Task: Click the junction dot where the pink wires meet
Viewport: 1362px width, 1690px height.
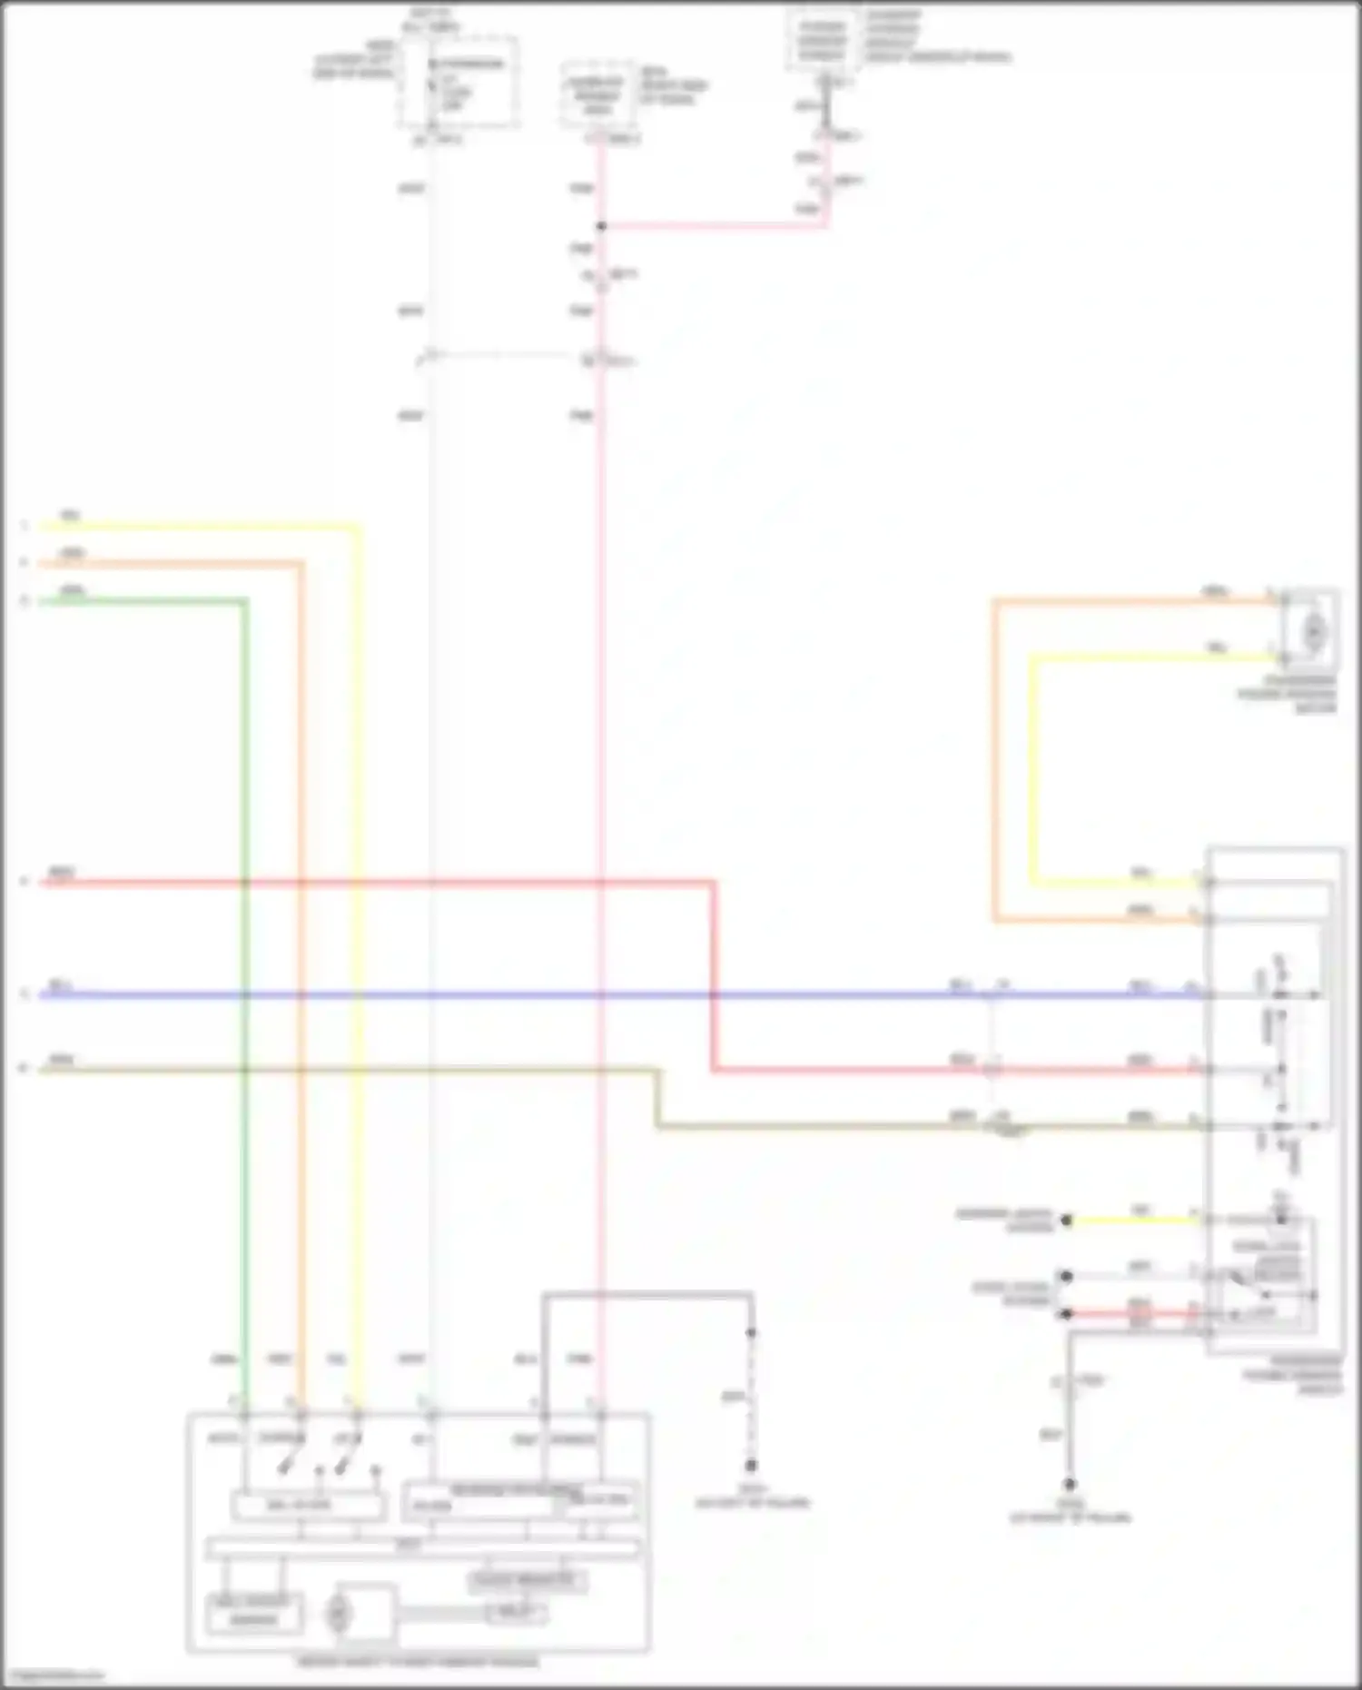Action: point(601,226)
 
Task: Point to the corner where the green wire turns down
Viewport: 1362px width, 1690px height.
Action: point(244,600)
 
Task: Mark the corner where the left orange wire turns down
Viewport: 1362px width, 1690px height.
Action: point(301,563)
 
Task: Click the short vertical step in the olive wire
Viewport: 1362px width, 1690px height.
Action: point(658,1099)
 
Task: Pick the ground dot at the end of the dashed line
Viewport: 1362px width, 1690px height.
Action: point(751,1466)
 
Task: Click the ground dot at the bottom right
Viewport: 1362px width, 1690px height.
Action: point(1071,1485)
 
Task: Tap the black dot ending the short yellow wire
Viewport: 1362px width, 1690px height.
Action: point(1068,1221)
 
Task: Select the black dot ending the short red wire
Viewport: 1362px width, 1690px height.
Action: point(1067,1314)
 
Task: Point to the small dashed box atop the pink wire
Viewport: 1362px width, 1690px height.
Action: point(597,95)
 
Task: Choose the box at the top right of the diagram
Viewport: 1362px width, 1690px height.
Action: point(822,39)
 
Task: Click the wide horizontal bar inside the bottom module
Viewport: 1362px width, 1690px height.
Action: point(422,1547)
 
